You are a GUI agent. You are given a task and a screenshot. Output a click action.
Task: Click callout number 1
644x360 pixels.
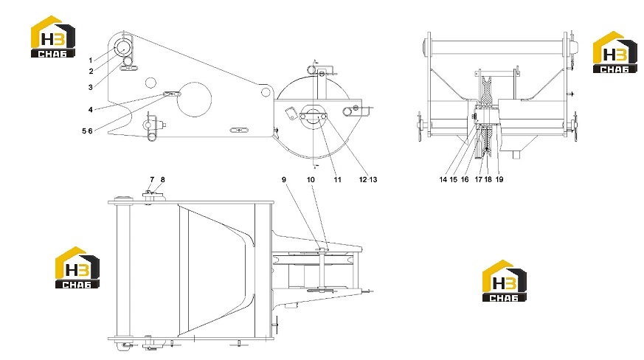tap(91, 60)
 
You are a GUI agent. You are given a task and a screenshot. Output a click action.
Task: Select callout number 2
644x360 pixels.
tap(91, 72)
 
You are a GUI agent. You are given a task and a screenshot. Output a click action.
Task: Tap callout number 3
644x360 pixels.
tap(90, 87)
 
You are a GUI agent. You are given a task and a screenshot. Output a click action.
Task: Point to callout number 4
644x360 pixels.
tap(90, 110)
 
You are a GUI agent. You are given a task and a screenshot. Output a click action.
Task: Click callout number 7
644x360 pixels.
tap(152, 179)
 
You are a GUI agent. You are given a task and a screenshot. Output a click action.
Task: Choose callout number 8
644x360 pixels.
tap(162, 179)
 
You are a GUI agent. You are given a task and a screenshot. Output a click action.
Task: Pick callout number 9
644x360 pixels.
tap(284, 179)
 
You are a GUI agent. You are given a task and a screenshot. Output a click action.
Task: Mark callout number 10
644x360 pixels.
tap(311, 179)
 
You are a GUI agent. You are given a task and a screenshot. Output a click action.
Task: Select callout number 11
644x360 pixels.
tap(337, 179)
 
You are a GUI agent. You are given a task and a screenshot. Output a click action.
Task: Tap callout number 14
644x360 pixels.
tap(443, 179)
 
